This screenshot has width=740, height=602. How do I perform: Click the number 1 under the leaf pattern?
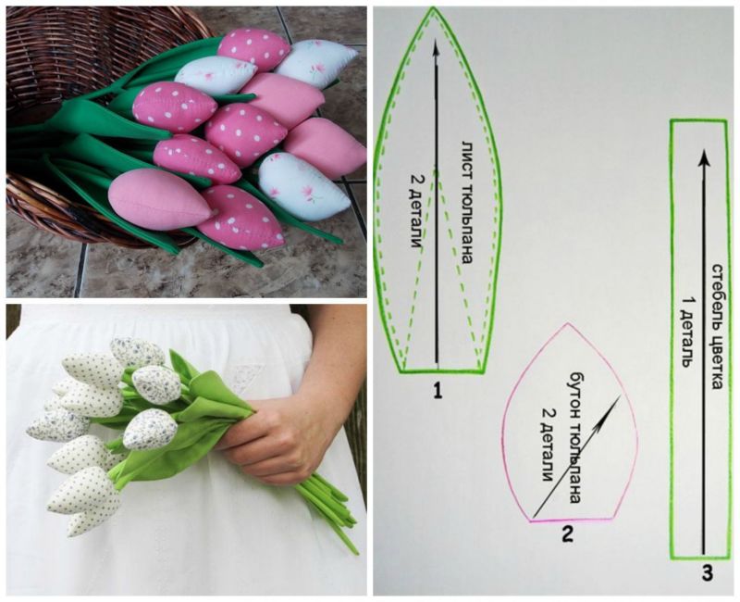(438, 391)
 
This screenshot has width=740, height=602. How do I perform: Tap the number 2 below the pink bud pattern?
(567, 534)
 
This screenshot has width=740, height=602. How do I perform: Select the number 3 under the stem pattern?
(707, 573)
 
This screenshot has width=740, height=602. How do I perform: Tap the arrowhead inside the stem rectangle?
(705, 158)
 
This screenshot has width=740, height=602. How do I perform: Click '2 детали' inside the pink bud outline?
(547, 444)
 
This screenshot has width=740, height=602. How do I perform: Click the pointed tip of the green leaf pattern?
(433, 8)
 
